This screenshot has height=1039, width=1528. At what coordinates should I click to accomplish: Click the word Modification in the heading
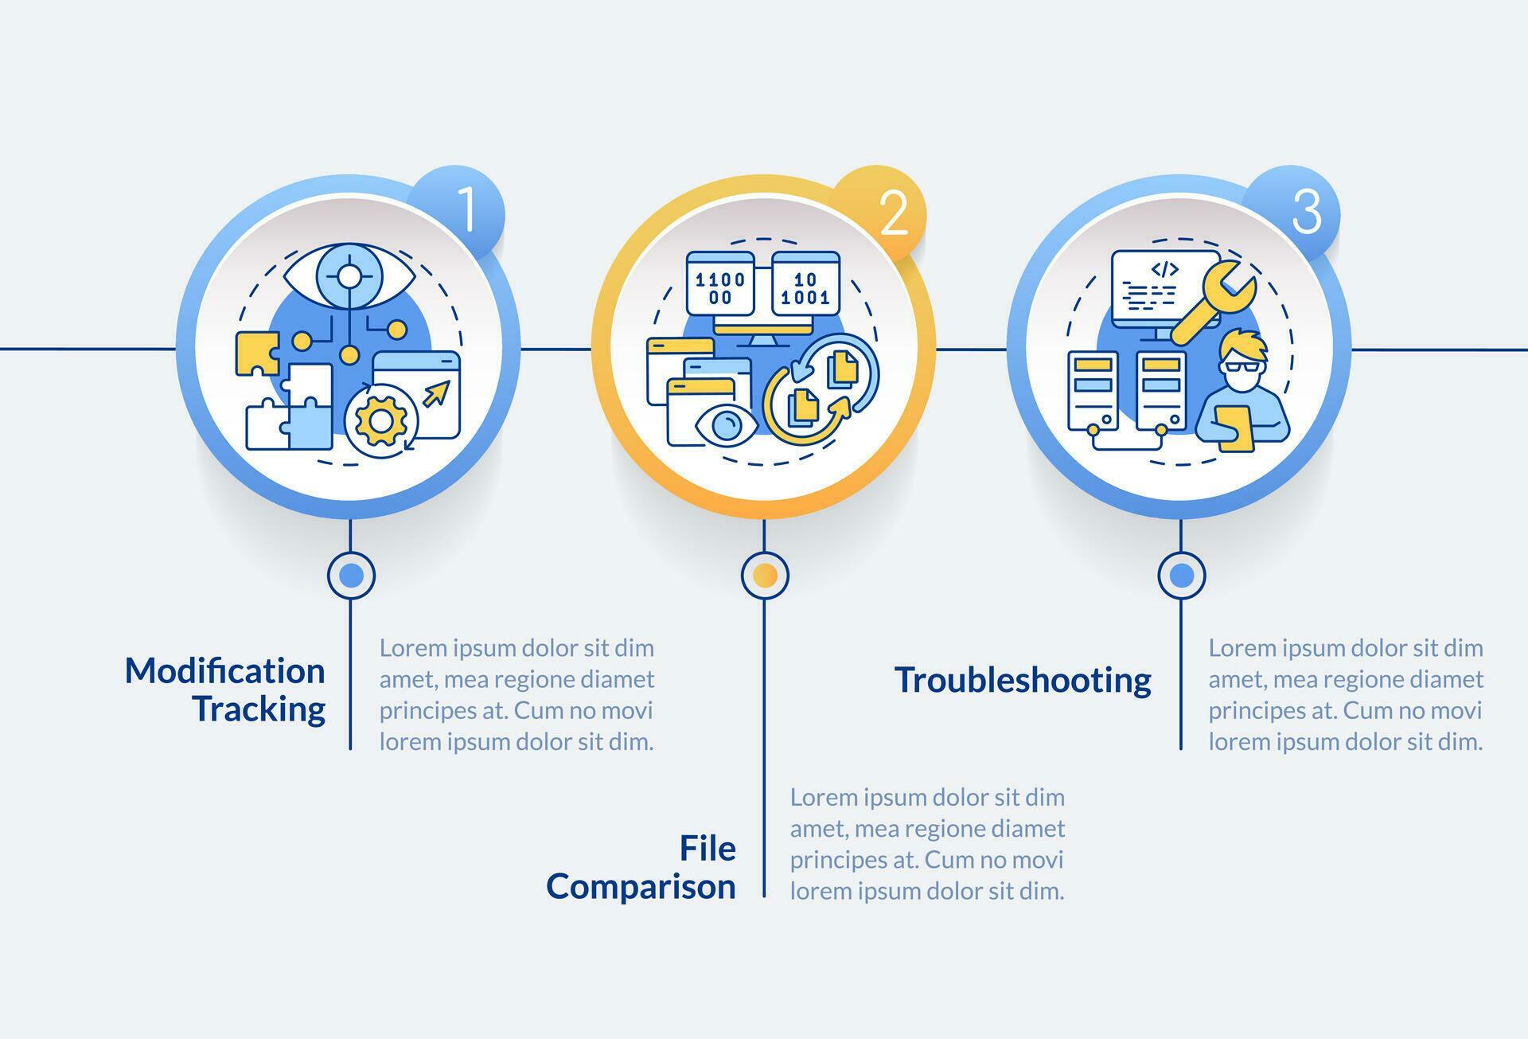click(225, 671)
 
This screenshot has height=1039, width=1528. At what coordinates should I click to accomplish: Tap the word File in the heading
click(707, 848)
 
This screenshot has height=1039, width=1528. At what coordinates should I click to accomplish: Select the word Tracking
click(259, 709)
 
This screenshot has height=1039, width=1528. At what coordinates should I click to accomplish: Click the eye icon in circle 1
click(349, 276)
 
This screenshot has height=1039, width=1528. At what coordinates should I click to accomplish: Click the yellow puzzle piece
click(257, 353)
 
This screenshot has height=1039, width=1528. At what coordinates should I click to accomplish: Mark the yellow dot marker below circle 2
click(765, 575)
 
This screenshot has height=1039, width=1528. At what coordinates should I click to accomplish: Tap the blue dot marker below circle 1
click(351, 575)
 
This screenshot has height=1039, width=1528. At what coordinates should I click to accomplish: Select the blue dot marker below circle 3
click(1182, 575)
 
